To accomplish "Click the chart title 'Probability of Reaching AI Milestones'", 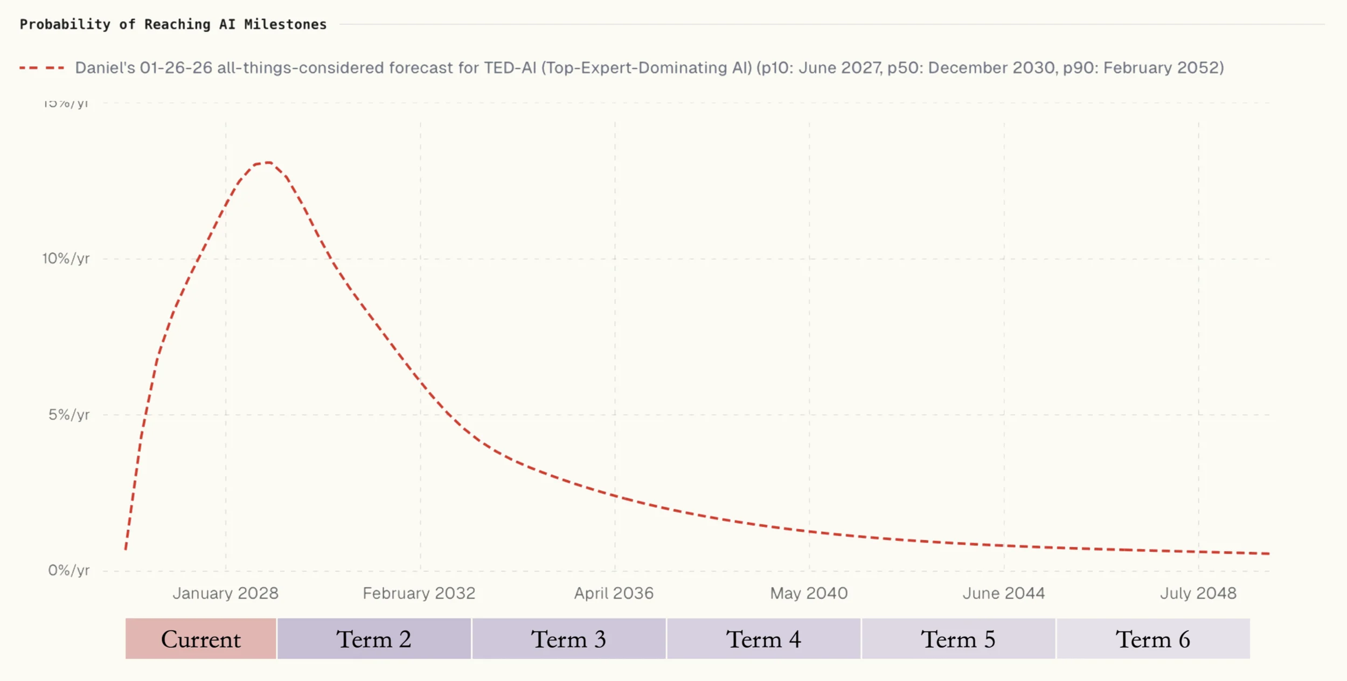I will [173, 24].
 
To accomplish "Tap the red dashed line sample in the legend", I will [41, 68].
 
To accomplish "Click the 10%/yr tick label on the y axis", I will [66, 259].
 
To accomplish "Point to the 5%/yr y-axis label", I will [69, 414].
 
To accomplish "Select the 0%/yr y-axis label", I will [68, 570].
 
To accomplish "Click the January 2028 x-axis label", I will [225, 593].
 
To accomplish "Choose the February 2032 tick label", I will [419, 593].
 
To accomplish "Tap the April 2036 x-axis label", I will [614, 593].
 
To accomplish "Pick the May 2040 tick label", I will [809, 593].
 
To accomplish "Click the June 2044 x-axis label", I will [1004, 593].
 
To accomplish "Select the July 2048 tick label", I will [1198, 593].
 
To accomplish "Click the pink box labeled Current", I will [200, 639].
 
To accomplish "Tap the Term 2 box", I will [374, 639].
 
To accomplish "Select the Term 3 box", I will [568, 639].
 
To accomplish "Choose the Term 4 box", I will [763, 639].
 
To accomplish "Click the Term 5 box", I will [958, 639].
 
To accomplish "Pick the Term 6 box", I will [1153, 639].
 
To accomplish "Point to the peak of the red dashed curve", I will [266, 162].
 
